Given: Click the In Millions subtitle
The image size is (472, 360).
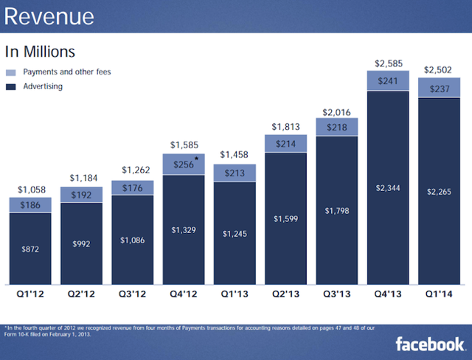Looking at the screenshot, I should point(40,52).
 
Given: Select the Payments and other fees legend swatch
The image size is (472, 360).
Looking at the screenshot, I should point(10,72).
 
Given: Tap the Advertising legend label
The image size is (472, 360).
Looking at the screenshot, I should point(43,86).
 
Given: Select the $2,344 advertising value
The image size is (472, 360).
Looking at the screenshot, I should point(388,190).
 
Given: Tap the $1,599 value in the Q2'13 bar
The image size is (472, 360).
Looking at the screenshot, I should point(285,219).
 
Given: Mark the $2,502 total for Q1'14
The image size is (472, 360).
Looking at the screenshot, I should point(439,69).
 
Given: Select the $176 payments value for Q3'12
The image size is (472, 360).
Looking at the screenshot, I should point(132,188).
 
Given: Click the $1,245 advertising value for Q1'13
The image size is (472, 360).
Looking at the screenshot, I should point(235,233).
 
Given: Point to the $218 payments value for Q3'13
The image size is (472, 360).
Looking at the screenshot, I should point(336,128).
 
